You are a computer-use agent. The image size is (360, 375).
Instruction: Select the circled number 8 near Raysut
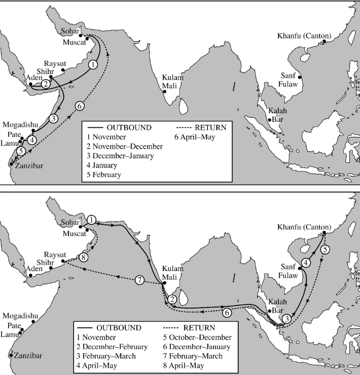pos(84,257)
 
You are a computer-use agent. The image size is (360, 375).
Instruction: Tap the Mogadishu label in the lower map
pos(20,315)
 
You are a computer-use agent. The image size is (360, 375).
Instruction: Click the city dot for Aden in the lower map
pos(31,275)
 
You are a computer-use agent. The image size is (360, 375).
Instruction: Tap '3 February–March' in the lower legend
pos(109,356)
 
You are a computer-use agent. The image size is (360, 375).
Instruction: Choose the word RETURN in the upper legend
pos(209,127)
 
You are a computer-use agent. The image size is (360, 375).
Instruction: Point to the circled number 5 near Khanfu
pos(326,249)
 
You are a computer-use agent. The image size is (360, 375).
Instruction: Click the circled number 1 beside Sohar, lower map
pos(91,220)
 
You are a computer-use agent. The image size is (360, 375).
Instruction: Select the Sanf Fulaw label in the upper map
pos(287,81)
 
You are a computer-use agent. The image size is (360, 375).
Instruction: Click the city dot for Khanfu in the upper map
pos(322,44)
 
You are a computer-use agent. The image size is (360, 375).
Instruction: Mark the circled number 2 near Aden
pos(46,83)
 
